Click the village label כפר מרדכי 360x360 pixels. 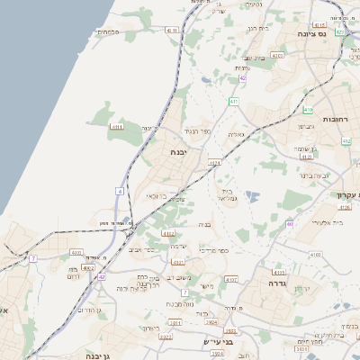point(213,250)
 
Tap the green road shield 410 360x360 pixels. point(307,111)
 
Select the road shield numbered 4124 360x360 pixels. point(214,163)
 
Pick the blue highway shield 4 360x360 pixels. point(119,191)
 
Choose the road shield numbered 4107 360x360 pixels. point(231,280)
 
